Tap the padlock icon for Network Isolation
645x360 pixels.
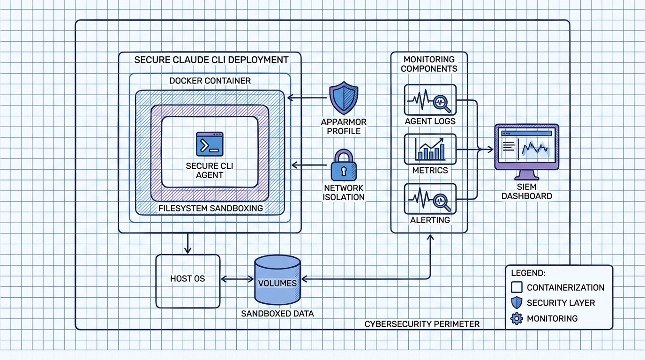[344, 165]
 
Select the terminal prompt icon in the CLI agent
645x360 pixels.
[210, 144]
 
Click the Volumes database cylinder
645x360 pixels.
[277, 280]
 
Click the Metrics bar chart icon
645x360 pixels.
[430, 149]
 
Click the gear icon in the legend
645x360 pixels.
[516, 319]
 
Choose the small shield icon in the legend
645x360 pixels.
[516, 303]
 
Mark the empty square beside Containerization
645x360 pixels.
[516, 287]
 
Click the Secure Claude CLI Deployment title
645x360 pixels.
[211, 60]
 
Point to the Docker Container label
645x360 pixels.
[210, 81]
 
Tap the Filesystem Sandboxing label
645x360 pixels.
[210, 208]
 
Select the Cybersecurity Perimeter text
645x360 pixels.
[422, 324]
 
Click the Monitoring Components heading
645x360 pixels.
[429, 64]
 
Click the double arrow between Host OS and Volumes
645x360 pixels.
[237, 279]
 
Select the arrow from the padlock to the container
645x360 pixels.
[309, 165]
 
